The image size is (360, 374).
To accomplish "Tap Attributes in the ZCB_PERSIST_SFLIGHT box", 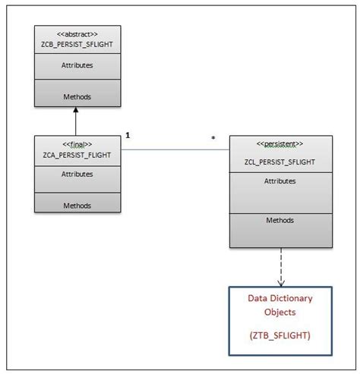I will click(75, 65).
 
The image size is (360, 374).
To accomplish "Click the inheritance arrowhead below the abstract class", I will click(76, 112).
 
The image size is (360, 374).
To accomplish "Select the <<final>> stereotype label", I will click(76, 143).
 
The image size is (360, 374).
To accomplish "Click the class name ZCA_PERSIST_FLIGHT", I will click(76, 154).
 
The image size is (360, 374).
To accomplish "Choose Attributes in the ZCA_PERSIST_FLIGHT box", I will click(76, 174).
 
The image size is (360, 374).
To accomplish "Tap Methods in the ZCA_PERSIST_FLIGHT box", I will click(76, 205).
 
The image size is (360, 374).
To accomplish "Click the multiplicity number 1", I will click(128, 135).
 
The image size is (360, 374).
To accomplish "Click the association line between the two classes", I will click(175, 149).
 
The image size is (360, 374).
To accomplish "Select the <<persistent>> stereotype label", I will click(281, 143).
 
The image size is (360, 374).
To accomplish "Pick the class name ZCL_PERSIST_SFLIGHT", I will click(281, 162).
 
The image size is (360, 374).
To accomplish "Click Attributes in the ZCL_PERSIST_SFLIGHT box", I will click(280, 181).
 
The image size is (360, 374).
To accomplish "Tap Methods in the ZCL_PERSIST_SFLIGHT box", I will click(280, 221).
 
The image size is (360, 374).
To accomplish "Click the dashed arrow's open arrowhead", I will click(281, 281).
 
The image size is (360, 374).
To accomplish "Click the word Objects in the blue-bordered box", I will click(280, 312).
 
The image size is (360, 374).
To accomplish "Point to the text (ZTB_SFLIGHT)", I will click(280, 334).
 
